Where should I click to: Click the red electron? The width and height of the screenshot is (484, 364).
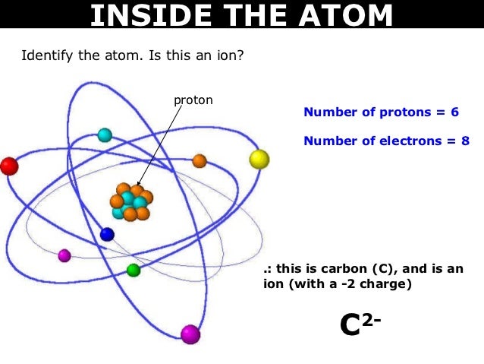point(8,166)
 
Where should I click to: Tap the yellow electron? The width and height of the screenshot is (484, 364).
point(259,159)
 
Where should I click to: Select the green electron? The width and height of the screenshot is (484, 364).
point(134,270)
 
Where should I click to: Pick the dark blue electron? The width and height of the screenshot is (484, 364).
point(107,235)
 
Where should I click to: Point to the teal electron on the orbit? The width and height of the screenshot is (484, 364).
point(105,135)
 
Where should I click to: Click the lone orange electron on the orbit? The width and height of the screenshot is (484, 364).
point(200,161)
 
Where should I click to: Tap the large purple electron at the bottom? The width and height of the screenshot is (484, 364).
point(190,334)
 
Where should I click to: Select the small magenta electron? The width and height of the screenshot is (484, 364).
point(64,255)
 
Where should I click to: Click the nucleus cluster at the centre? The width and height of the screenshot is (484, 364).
point(130,202)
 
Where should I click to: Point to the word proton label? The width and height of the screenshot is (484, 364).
point(193,100)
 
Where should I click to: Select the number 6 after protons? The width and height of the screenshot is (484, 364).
point(454,112)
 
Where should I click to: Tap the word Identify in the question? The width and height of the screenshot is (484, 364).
point(46,55)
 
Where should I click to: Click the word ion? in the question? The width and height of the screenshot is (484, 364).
point(227,55)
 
